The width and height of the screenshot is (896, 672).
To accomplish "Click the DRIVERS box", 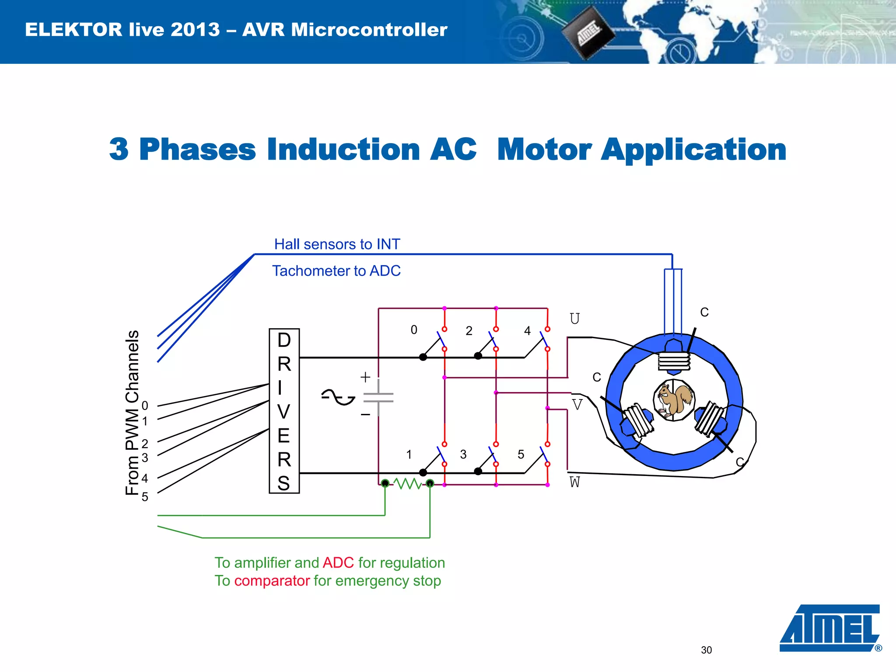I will pos(284,411).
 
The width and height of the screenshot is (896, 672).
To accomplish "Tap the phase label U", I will pos(574,318).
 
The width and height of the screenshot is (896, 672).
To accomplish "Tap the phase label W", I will pos(574,482).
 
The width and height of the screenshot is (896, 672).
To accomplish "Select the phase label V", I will pos(577,405).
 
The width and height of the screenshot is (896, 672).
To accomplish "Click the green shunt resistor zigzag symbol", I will pos(407,483).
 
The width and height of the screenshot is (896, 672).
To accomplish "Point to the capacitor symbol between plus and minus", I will pos(378,397).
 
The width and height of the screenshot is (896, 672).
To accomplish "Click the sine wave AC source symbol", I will pos(338,397).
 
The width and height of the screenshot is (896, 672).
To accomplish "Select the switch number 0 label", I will pos(414,330).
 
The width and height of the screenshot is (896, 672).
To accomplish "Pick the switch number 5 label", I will pos(521,454).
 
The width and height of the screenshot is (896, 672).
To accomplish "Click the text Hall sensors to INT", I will pos(337,244).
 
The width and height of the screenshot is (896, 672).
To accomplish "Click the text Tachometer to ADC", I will pos(336,271).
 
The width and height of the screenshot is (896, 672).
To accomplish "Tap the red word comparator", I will pos(272,581).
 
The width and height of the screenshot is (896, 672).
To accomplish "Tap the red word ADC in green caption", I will pos(338,563).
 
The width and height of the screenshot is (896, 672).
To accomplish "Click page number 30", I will pos(706,650).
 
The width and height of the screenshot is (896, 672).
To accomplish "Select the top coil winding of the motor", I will pos(674,361).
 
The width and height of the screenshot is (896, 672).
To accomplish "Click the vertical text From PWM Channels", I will pos(132,413).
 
